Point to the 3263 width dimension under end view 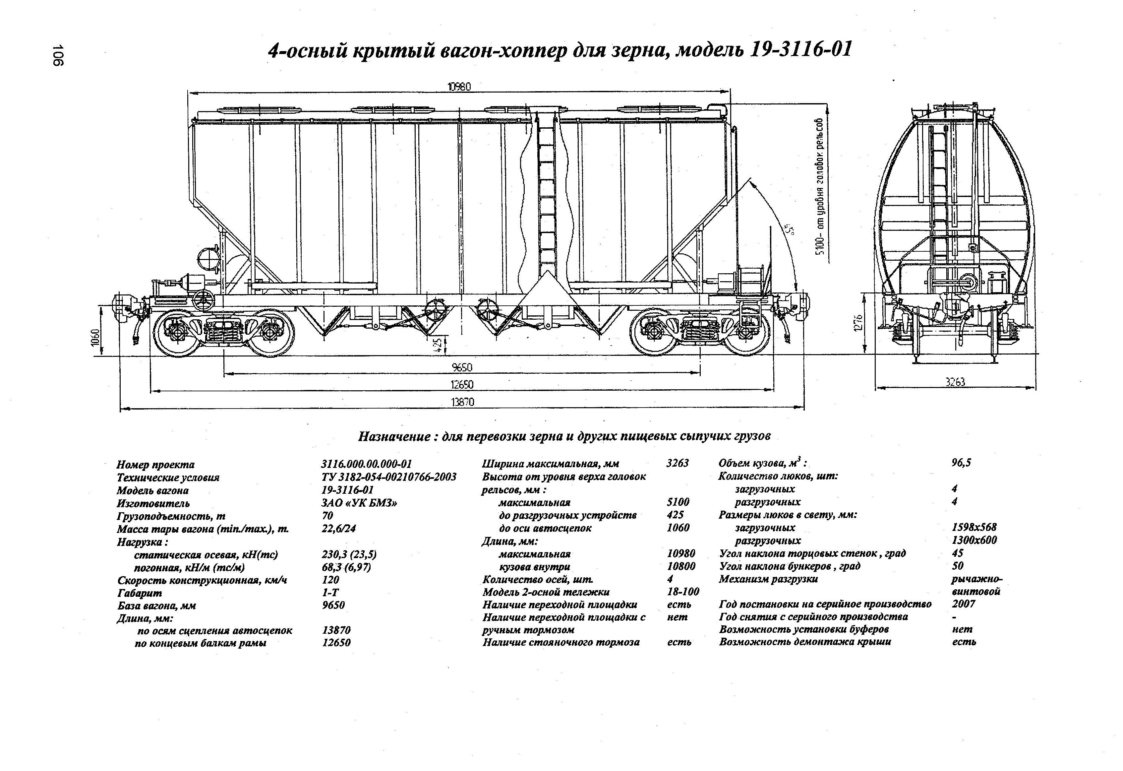coord(955,382)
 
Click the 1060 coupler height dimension coord(95,337)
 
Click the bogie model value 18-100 coord(683,592)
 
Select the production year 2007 coord(964,604)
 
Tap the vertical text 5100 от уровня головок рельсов coord(819,193)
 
